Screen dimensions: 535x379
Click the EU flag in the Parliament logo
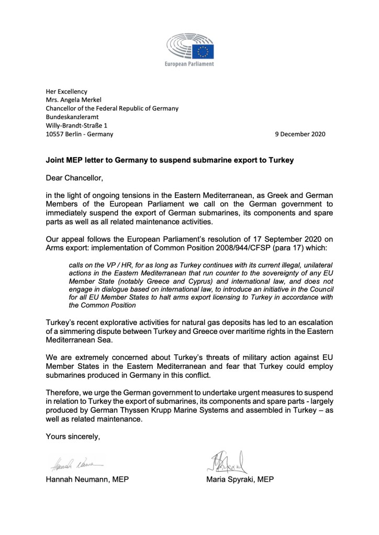(203, 50)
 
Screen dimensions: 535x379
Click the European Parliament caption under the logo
(189, 64)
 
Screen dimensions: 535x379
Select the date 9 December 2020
(300, 134)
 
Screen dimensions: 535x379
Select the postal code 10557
(55, 134)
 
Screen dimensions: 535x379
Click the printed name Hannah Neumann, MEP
(86, 479)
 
